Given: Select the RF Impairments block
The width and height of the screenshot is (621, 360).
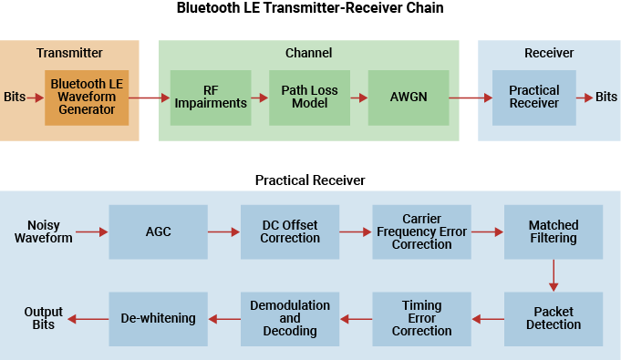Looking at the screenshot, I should [x=212, y=97].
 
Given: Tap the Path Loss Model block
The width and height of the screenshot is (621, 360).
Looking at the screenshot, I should [x=309, y=97].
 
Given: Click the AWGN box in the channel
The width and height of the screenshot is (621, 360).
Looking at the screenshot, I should [x=408, y=97].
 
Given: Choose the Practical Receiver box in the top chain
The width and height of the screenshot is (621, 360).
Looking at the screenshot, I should [x=533, y=97].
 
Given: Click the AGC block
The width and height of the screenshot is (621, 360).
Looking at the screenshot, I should [x=158, y=231].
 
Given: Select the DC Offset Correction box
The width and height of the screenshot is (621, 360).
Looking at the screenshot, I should [x=289, y=231].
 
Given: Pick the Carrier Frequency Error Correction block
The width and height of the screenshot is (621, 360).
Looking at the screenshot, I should [x=421, y=231].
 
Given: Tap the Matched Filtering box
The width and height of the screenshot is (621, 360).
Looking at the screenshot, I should [x=554, y=231].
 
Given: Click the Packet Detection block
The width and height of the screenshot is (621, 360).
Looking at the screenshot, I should [x=554, y=318].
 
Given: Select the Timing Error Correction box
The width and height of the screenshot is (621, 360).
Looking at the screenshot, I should [x=421, y=318].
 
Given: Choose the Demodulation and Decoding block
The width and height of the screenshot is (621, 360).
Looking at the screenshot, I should [x=289, y=318].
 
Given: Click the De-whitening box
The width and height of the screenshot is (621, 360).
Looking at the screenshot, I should [x=158, y=318].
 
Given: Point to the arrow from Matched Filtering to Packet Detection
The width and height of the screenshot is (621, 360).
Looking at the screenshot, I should [x=554, y=275].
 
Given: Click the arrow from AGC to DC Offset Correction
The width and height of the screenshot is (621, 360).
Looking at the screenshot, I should [x=223, y=232].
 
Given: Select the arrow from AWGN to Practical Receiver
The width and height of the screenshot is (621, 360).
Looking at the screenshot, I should [x=470, y=98].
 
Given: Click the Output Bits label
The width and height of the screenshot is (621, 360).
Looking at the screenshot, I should [x=43, y=318].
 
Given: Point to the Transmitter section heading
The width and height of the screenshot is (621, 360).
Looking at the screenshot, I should [x=69, y=53].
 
